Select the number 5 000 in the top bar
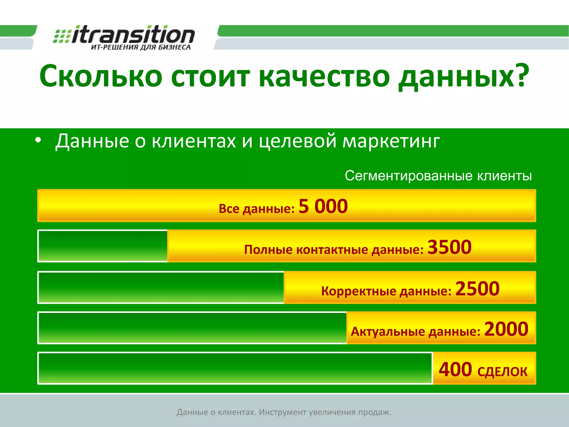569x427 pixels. [323, 206]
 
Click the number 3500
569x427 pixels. [449, 247]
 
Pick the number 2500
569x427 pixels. [477, 288]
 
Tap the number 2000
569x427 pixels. [506, 329]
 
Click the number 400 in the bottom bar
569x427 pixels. [455, 369]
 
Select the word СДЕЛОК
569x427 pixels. [502, 372]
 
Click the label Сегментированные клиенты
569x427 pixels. [438, 176]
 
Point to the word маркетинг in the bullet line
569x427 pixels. [391, 141]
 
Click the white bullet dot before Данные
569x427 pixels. [38, 140]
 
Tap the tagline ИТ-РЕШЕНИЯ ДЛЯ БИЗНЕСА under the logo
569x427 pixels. [141, 47]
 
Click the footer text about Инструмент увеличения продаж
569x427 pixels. [284, 412]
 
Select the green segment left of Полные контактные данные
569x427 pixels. [103, 246]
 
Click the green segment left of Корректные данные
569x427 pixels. [161, 287]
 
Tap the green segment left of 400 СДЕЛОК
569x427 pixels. [235, 368]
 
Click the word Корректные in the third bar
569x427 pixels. [358, 291]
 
